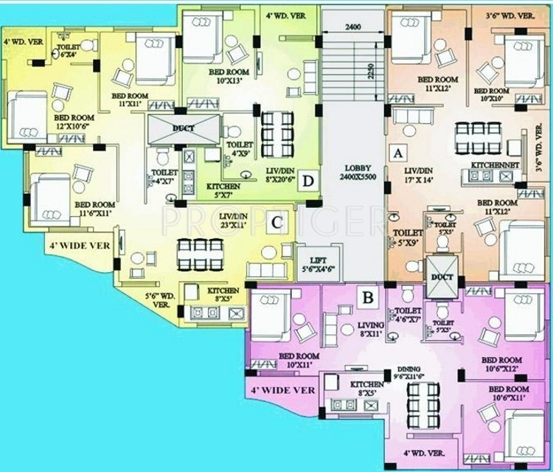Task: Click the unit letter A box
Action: coord(398,153)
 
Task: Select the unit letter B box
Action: coord(366,299)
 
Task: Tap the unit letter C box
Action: coord(275,221)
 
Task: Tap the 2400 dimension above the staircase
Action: coord(352,28)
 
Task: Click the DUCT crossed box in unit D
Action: coord(184,129)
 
